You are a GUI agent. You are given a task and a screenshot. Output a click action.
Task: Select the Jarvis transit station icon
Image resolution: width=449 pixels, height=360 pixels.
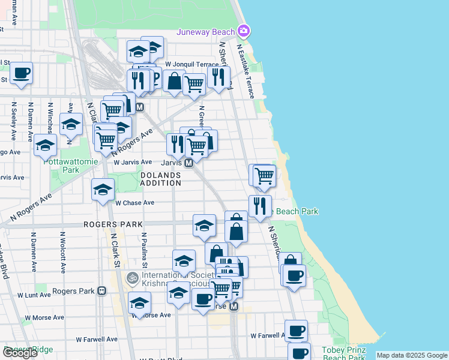click(188, 163)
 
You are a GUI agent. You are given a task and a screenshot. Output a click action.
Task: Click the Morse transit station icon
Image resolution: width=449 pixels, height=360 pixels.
click(234, 306)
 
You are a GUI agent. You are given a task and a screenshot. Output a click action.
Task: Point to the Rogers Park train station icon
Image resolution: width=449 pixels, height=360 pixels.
click(102, 291)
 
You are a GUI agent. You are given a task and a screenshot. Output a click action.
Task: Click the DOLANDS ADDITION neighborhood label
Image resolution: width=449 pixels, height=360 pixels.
click(160, 179)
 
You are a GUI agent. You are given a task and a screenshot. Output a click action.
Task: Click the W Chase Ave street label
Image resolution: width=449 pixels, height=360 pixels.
click(135, 203)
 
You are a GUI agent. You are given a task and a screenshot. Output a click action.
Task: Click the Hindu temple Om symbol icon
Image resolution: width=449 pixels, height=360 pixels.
click(131, 278)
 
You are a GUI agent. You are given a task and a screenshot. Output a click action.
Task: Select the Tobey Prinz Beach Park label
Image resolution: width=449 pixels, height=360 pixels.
click(343, 354)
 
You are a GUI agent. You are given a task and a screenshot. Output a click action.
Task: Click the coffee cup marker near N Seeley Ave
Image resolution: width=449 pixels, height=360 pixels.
click(22, 73)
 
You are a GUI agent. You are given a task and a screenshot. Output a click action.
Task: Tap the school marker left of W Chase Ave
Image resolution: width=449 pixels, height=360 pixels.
click(103, 190)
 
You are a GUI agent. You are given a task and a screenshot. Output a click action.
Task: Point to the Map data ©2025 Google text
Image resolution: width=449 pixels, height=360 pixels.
click(411, 355)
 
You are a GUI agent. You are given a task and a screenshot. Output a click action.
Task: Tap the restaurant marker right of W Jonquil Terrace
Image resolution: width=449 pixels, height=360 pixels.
click(218, 77)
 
